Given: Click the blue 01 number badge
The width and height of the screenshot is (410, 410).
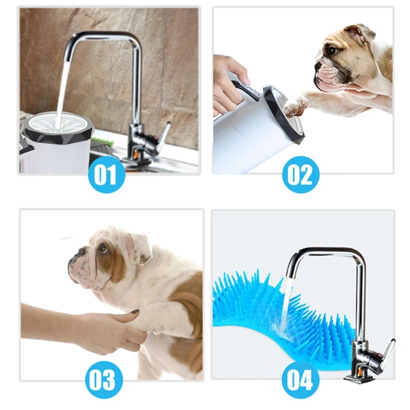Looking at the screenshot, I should click(106, 174).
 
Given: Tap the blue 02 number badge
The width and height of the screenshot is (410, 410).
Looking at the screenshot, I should click(300, 174).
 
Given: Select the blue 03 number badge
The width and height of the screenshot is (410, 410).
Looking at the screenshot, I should click(106, 380).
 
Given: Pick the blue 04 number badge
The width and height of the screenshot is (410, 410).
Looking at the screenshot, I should click(300, 380).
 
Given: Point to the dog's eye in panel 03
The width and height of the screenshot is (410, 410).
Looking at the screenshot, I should click(102, 249).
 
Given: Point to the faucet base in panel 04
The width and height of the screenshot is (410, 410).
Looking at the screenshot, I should click(358, 377).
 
